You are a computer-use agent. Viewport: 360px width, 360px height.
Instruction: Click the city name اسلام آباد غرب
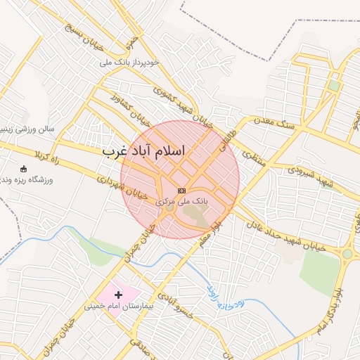point(143,151)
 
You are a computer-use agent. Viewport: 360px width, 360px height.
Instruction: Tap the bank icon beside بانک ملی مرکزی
point(182,191)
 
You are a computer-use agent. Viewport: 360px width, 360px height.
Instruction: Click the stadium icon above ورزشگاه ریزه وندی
point(24,169)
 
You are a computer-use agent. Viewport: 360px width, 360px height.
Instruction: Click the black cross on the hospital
point(118,293)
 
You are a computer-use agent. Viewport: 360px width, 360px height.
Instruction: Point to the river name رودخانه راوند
point(224,297)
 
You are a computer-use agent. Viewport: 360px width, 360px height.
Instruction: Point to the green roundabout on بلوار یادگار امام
point(347,254)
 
